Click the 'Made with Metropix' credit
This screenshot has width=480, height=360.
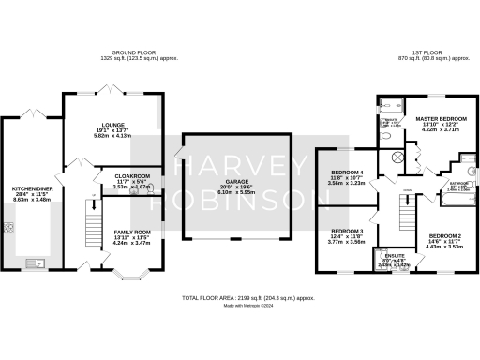(x=239, y=305)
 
